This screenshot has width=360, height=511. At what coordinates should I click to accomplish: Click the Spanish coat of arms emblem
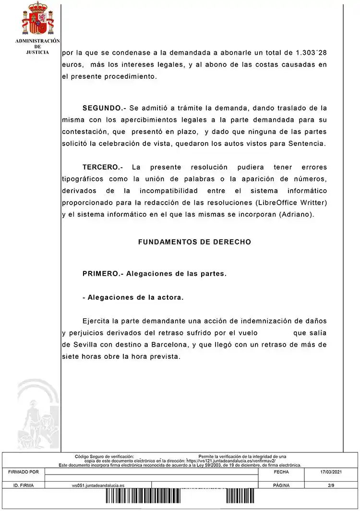tap(37, 19)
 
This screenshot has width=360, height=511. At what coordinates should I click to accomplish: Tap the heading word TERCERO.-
tap(103, 167)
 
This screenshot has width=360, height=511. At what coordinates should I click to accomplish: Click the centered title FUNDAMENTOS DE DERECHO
tap(194, 242)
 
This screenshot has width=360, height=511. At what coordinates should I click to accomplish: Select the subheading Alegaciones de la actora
tap(133, 297)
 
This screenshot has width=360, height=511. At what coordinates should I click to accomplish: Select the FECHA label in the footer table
tap(281, 472)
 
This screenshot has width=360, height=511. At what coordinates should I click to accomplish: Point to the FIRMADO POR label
tap(24, 472)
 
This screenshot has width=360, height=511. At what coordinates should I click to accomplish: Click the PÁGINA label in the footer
tap(281, 486)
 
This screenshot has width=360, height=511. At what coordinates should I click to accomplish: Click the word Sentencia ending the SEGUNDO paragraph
tap(308, 144)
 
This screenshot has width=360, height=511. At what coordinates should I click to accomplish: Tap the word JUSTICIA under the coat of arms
tap(37, 52)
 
